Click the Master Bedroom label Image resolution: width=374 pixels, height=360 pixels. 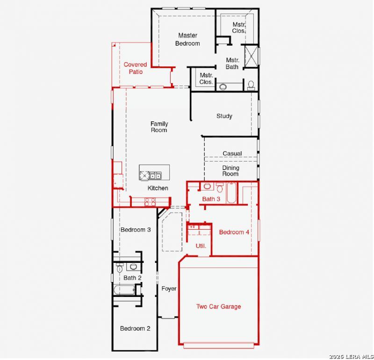(187, 39)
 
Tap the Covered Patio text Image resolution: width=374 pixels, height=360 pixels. (135, 68)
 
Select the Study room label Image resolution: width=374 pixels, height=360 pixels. (224, 116)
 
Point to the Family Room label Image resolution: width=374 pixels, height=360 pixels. (159, 127)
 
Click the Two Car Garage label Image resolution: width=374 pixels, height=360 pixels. (218, 306)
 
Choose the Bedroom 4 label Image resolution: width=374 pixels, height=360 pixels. (234, 232)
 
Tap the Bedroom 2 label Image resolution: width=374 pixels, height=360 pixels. (135, 329)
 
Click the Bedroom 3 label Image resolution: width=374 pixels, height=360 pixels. (136, 230)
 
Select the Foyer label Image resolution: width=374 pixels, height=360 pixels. (169, 289)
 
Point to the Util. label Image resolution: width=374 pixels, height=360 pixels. (201, 246)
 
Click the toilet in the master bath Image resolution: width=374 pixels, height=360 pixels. (251, 85)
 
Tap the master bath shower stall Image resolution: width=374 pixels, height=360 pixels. (252, 56)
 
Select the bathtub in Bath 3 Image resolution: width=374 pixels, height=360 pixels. (231, 193)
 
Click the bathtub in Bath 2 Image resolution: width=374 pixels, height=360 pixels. (124, 290)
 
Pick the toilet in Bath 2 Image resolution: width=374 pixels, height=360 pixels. (120, 268)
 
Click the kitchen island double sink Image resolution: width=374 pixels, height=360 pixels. (155, 176)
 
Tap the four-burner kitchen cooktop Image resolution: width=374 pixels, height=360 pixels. (150, 202)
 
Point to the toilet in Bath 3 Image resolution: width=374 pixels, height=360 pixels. (220, 187)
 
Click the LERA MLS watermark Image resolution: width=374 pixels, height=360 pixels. (351, 356)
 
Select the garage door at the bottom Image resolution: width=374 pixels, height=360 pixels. (219, 346)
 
